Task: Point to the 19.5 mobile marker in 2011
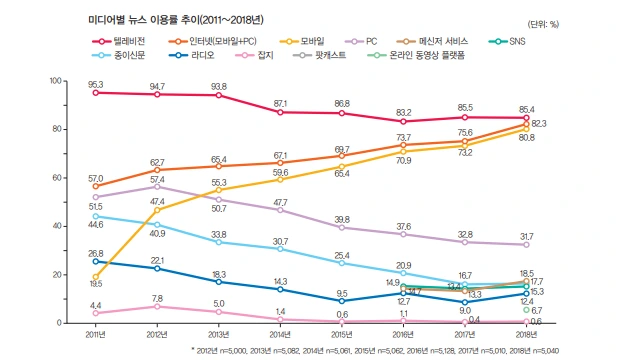point(95,277)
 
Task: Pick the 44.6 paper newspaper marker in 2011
point(95,216)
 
